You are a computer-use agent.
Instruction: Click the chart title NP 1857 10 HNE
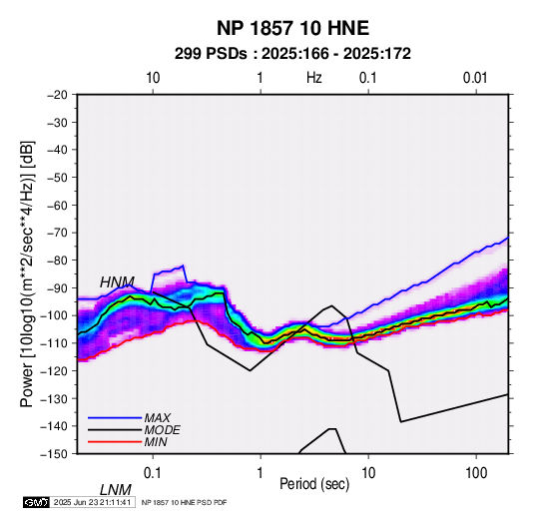click(x=292, y=28)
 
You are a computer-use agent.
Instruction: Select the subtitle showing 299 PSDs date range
click(x=292, y=54)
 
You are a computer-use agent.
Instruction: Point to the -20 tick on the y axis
click(x=57, y=95)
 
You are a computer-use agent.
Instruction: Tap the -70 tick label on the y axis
click(x=57, y=233)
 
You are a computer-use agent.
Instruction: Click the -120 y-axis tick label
click(x=55, y=370)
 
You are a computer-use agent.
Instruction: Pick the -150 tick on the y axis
click(x=55, y=454)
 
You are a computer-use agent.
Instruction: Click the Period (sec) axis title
click(x=314, y=484)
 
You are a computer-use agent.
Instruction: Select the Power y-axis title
click(x=27, y=274)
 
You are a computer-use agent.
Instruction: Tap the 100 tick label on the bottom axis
click(x=476, y=473)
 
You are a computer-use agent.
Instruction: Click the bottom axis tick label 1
click(x=261, y=473)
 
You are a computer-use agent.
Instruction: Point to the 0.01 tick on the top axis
click(x=475, y=78)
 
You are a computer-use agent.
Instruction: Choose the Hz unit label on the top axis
click(x=314, y=78)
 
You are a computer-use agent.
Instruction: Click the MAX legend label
click(x=157, y=417)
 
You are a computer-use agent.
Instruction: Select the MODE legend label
click(x=162, y=430)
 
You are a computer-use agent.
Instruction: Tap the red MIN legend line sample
click(x=115, y=442)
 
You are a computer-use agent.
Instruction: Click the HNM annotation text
click(x=117, y=282)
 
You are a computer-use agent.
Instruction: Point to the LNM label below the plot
click(x=116, y=490)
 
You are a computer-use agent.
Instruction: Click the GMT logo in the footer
click(x=37, y=502)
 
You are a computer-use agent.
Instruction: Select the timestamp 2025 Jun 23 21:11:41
click(x=92, y=502)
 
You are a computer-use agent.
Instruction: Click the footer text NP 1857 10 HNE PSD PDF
click(x=184, y=502)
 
